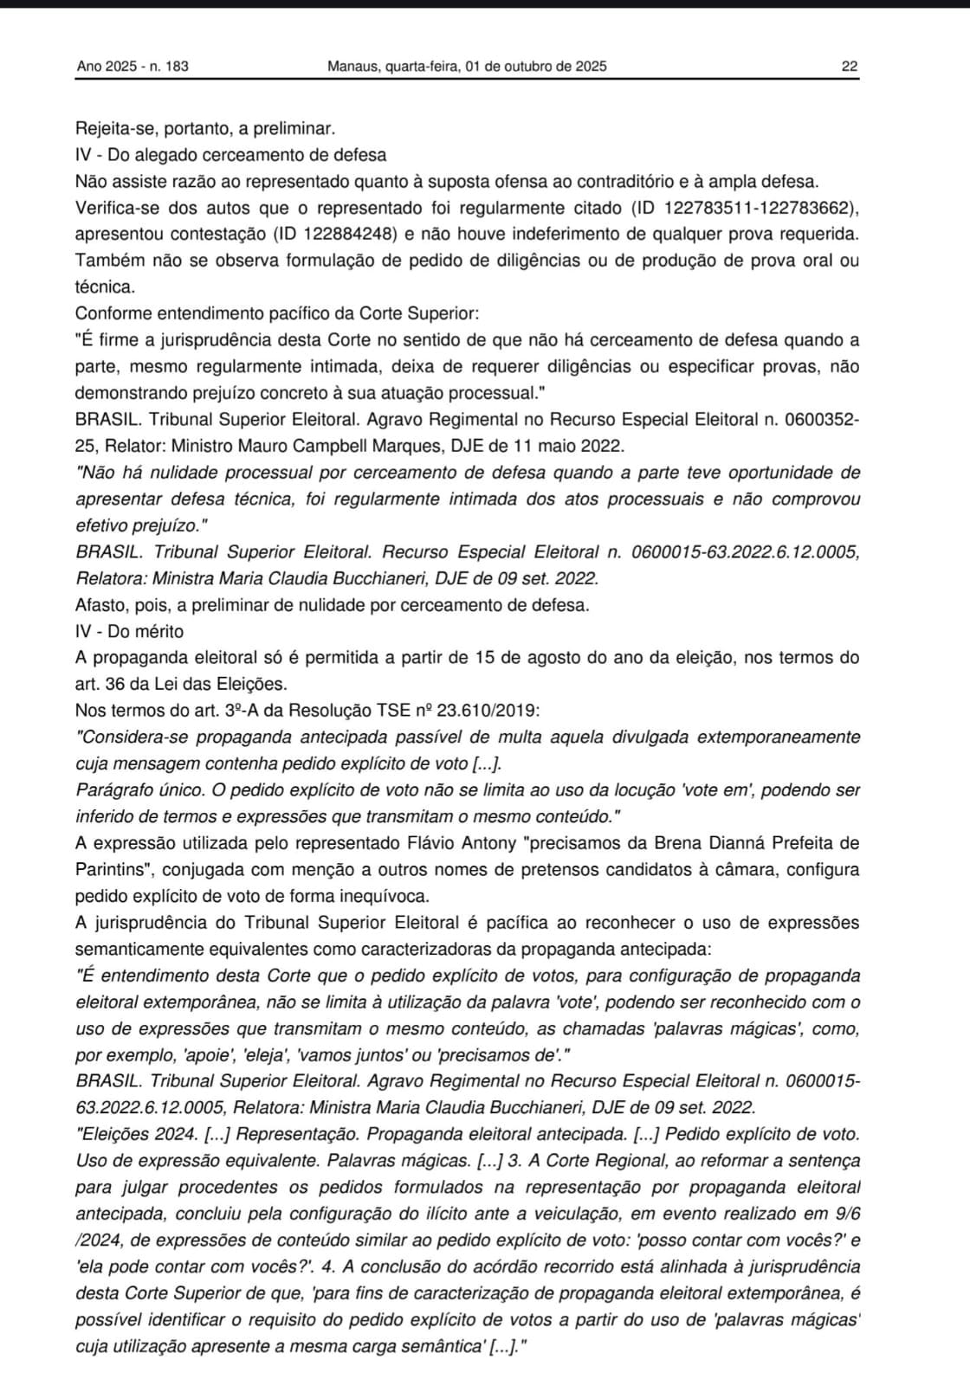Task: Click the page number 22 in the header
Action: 849,66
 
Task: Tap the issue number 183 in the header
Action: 176,66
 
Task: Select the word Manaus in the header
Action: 352,66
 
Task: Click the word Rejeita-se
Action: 111,129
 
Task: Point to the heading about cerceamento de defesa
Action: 230,155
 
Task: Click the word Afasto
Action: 99,605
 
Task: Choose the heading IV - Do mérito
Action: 129,631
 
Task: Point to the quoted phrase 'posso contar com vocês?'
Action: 739,1240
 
